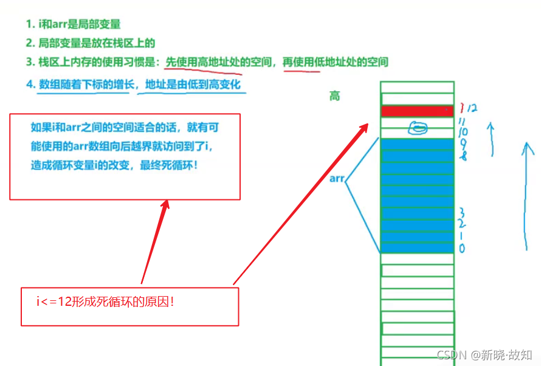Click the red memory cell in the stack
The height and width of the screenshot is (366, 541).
coord(417,111)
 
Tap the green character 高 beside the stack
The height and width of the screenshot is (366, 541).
coord(335,96)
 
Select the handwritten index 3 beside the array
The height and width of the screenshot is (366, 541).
coord(463,212)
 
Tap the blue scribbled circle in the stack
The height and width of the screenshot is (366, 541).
coord(418,128)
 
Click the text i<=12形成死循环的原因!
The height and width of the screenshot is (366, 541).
coord(105,301)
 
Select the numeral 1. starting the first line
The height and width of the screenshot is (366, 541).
coord(29,24)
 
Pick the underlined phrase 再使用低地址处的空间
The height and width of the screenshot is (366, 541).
coord(336,61)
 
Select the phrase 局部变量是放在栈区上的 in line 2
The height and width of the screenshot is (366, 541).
coord(97,43)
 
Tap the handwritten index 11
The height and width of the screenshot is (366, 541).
coord(463,122)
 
